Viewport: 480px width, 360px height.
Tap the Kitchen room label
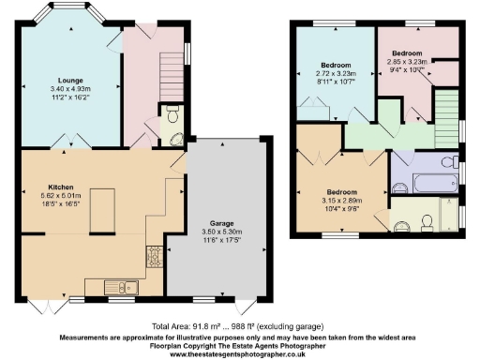click(35, 187)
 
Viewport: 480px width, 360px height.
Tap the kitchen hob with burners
click(152, 255)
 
